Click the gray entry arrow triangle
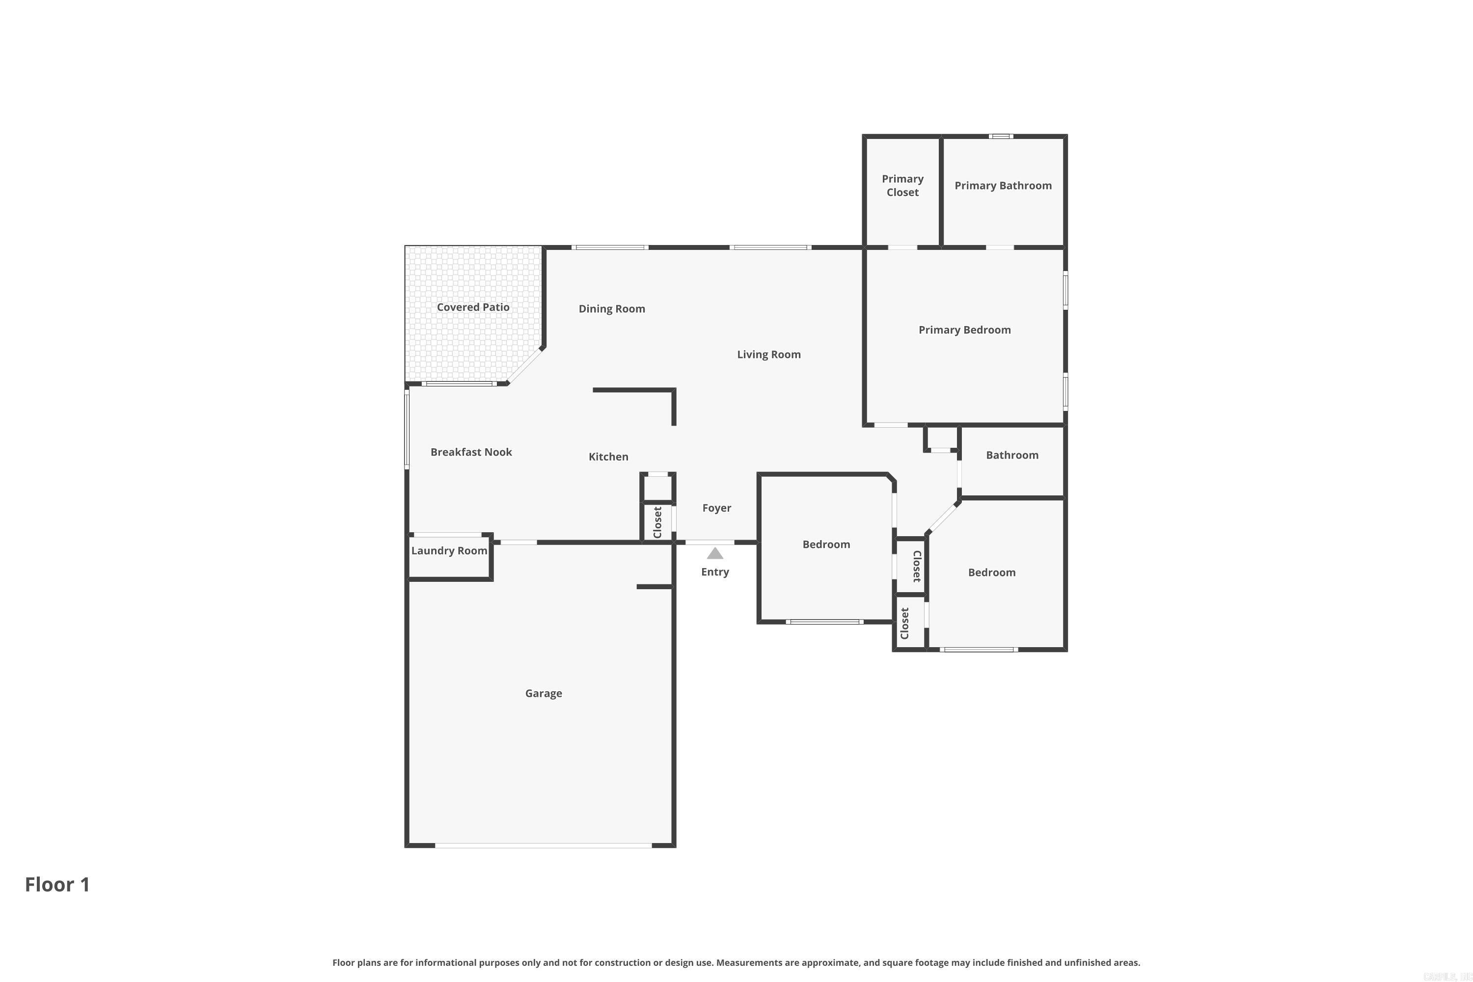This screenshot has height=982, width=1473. coord(715,554)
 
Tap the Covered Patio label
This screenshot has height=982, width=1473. coord(473,307)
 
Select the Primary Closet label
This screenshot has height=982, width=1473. coord(902,186)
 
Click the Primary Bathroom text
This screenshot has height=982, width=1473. coord(1003,186)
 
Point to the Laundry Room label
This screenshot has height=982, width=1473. coord(449,550)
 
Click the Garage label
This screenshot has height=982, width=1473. coord(543,693)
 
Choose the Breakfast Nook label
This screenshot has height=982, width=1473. coord(471,452)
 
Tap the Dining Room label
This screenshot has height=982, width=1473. coord(611,309)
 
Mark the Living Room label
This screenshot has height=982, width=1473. coord(768,355)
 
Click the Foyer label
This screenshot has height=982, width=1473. coord(716,508)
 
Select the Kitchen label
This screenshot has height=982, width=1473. coord(608,457)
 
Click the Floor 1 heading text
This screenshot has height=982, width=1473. coord(57,884)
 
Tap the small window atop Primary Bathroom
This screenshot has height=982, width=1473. coord(1001,136)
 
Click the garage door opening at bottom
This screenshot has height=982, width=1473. coord(543,846)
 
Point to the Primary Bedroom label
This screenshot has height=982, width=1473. coord(964,330)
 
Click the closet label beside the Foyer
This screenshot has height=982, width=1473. coord(657,522)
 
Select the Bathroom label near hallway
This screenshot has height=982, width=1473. coord(1012,455)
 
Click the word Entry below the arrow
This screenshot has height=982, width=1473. coord(714,572)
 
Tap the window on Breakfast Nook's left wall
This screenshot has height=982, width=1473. coord(407,428)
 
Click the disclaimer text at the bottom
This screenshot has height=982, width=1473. coord(736,962)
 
